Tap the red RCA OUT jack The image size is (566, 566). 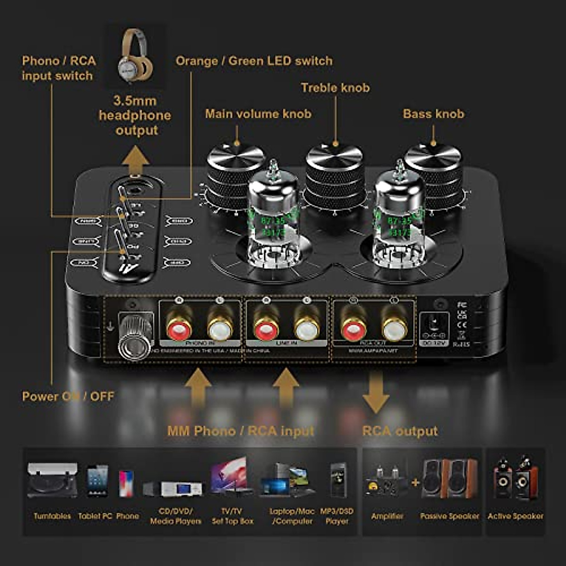(353, 327)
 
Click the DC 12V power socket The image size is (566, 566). (432, 326)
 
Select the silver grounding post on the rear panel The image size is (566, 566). (133, 336)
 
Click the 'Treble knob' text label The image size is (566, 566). (335, 88)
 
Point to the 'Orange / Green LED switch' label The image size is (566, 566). (254, 61)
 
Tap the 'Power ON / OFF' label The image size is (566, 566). (68, 396)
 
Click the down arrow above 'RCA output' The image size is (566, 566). (376, 392)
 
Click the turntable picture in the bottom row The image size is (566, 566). (52, 481)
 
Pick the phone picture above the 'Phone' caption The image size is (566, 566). (126, 483)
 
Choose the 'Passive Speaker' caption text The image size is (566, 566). (449, 516)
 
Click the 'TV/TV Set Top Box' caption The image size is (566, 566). (233, 516)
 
